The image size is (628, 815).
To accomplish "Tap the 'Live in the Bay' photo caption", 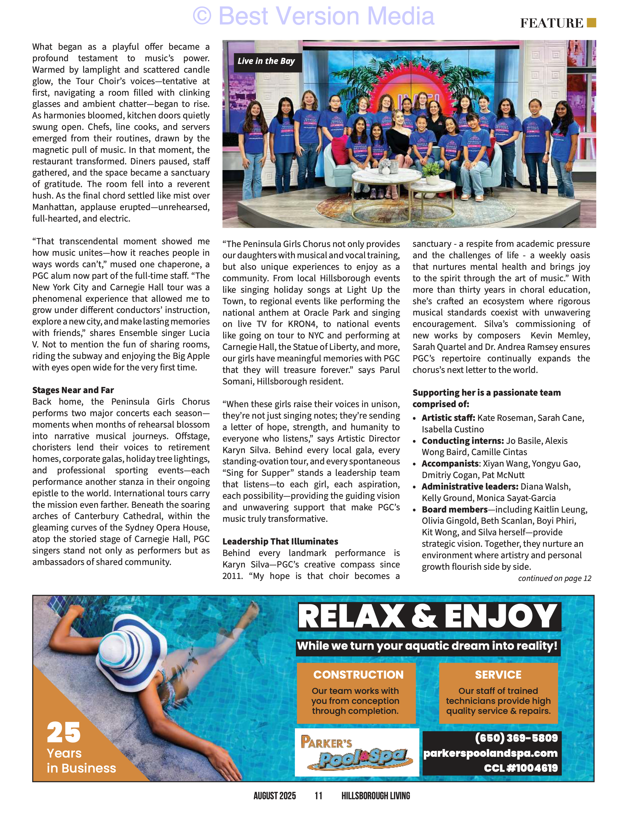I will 266,61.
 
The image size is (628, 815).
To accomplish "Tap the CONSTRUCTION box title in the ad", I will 358,674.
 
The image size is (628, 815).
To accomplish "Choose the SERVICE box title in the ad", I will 498,674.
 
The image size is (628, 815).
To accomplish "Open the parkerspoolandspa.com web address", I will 490,753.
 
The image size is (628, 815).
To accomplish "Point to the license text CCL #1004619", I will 521,768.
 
